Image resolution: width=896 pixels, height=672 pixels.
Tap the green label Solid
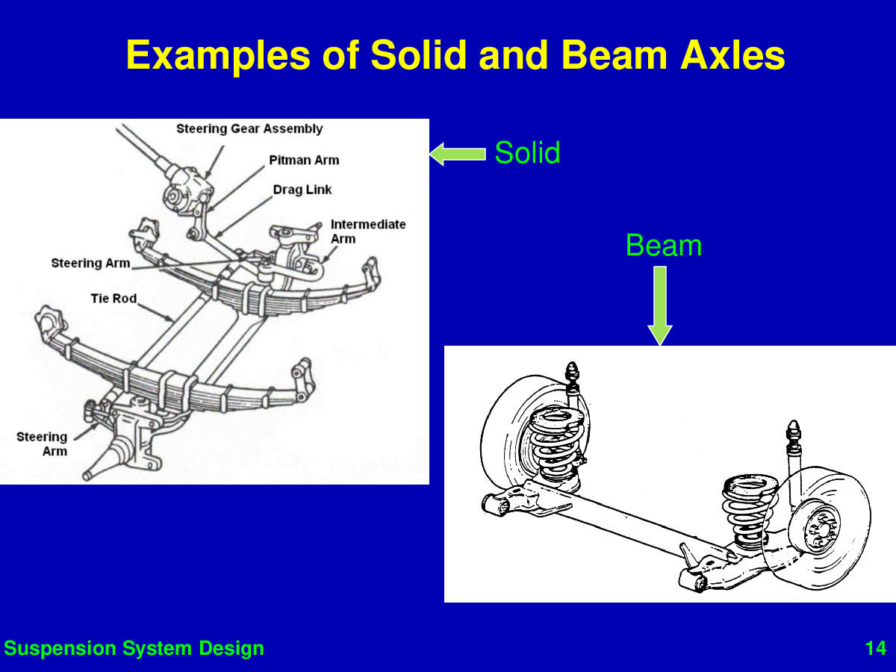[527, 153]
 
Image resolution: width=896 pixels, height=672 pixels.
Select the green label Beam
[663, 246]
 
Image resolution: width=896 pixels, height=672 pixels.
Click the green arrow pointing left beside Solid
[457, 154]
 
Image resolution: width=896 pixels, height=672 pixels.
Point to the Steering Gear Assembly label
[249, 129]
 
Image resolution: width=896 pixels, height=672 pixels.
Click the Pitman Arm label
[304, 160]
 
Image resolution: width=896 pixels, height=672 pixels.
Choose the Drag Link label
[302, 190]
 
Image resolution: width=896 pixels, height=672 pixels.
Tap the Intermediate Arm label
[367, 231]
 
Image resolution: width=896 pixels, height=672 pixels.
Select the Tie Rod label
[113, 299]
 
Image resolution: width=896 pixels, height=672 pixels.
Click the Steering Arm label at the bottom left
[42, 444]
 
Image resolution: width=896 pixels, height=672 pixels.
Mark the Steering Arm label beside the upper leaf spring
[90, 263]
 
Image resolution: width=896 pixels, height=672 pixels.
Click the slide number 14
[875, 648]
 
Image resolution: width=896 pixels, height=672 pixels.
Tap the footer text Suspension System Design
[134, 648]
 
